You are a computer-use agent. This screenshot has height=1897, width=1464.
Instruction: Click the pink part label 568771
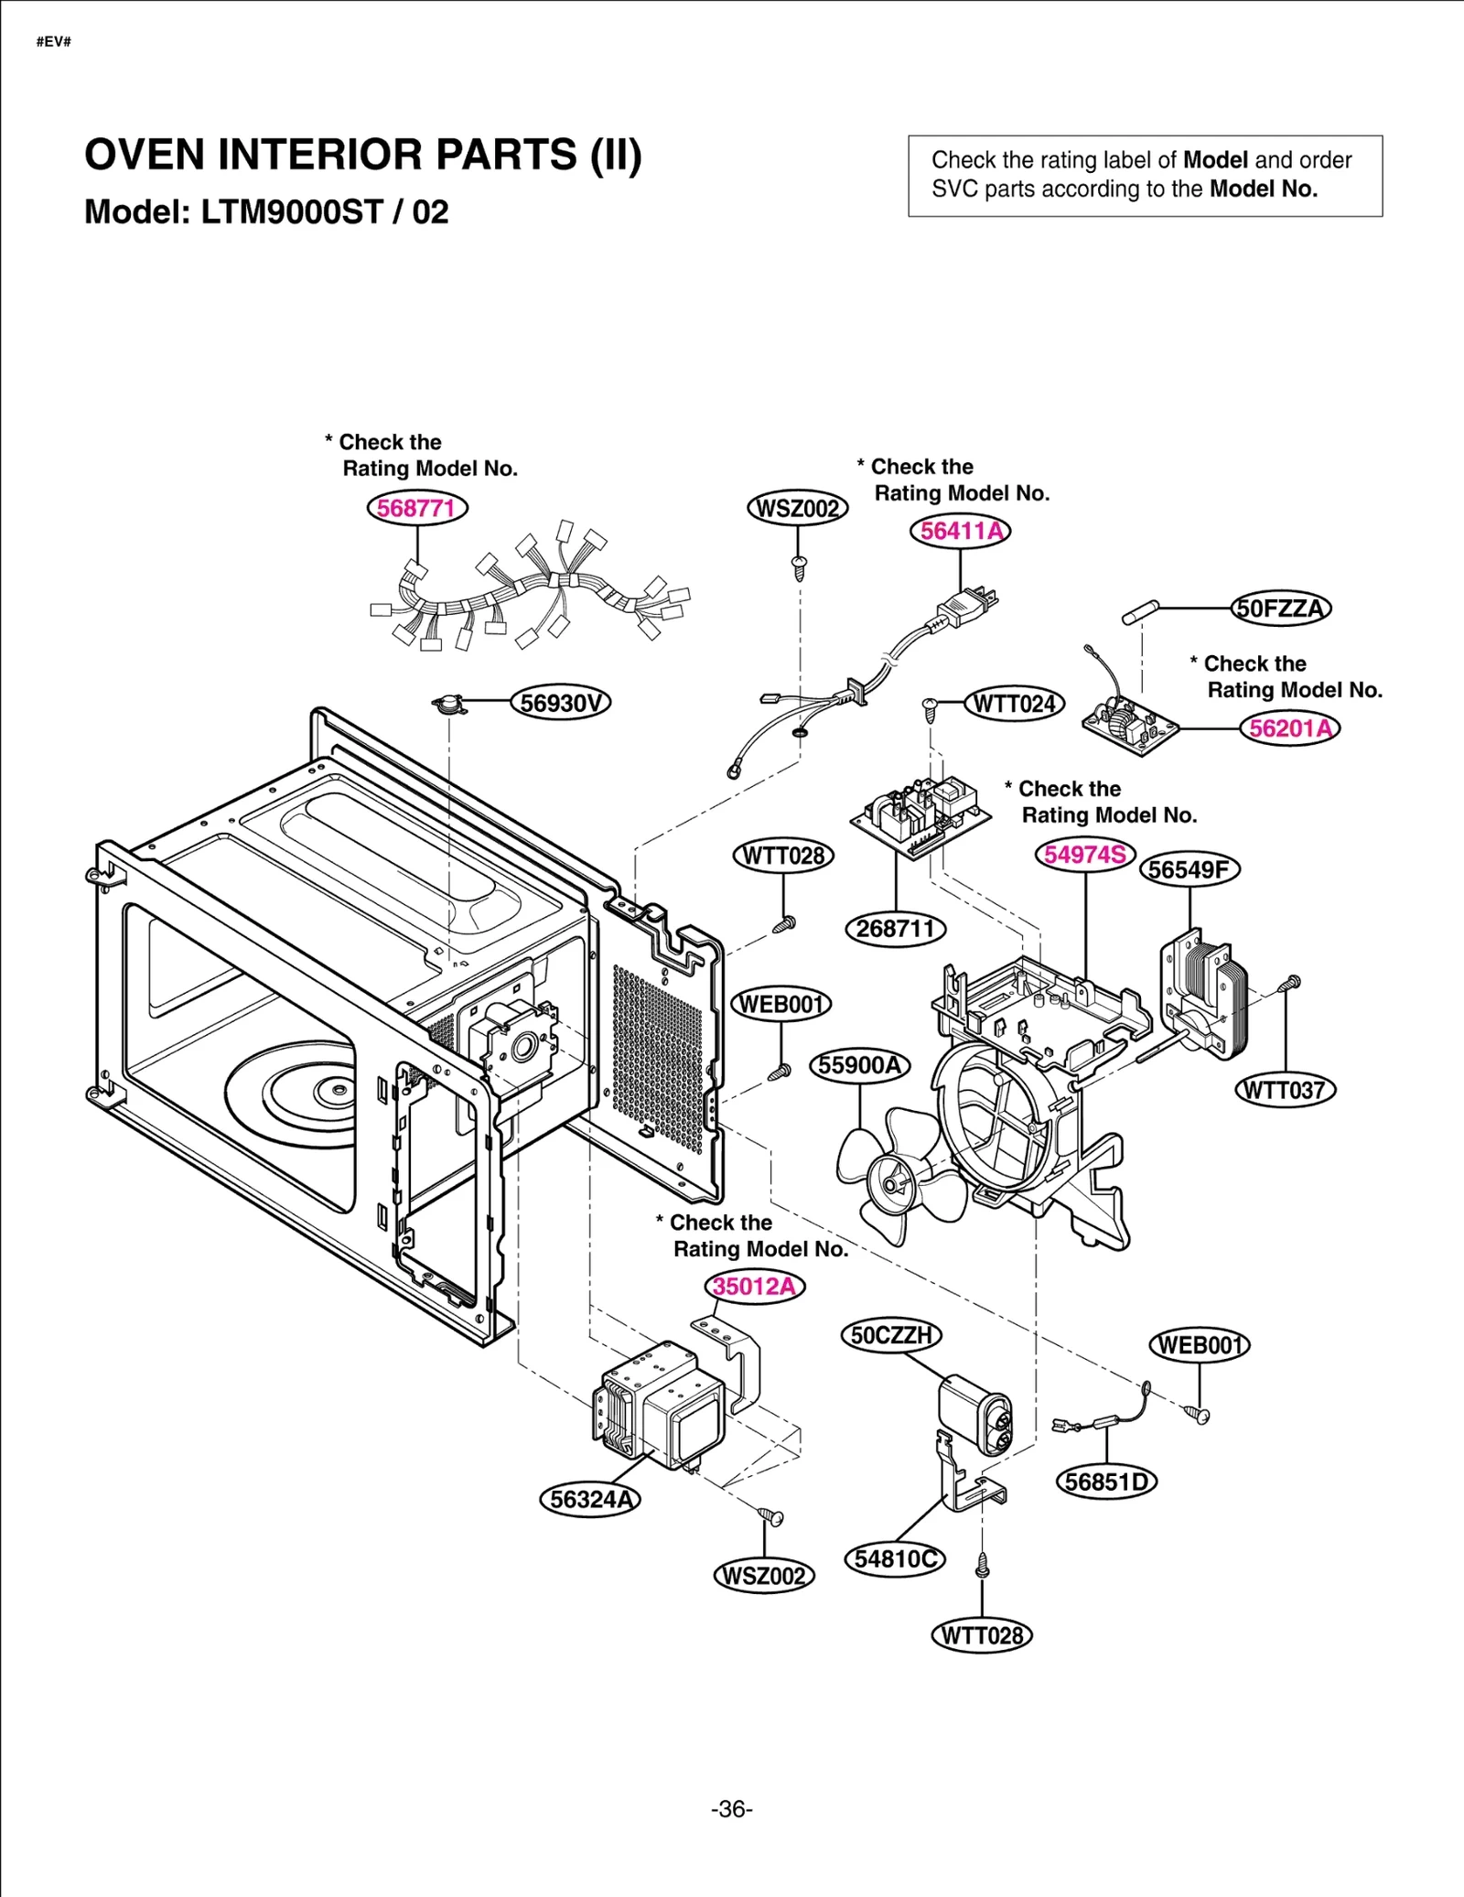click(x=416, y=508)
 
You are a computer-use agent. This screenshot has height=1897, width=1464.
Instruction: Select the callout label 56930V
click(x=560, y=703)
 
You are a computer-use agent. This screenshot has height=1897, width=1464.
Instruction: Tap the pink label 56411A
click(x=960, y=531)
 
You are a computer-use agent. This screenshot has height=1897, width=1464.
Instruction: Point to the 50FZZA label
click(x=1280, y=609)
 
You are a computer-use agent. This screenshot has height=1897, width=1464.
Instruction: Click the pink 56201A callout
click(x=1290, y=728)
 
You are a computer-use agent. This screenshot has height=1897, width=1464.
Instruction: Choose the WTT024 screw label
click(x=1014, y=704)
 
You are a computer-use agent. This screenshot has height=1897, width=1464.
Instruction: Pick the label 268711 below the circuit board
click(x=895, y=929)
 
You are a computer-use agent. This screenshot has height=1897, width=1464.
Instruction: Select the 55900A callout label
click(x=860, y=1065)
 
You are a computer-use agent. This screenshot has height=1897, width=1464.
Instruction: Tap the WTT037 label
click(x=1285, y=1090)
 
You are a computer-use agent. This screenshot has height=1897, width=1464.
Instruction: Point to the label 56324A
click(x=590, y=1499)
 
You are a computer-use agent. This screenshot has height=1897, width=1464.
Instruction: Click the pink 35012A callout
click(x=755, y=1287)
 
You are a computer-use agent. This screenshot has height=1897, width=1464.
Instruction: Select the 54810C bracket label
click(x=895, y=1558)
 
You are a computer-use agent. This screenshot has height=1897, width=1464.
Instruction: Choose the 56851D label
click(x=1106, y=1481)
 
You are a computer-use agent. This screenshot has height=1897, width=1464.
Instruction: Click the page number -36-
click(x=731, y=1809)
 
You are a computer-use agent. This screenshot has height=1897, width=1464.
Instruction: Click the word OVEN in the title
click(x=144, y=155)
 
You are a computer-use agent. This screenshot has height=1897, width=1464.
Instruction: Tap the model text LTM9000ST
click(x=291, y=212)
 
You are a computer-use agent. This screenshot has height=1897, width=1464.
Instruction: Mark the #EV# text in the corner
click(x=54, y=42)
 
